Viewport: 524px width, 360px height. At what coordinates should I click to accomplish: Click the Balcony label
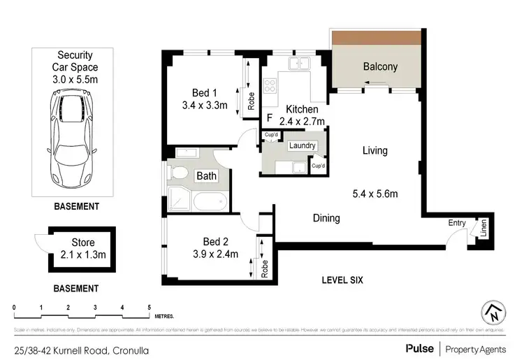pyautogui.click(x=380, y=67)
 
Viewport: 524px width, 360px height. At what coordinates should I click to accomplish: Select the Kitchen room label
pyautogui.click(x=303, y=110)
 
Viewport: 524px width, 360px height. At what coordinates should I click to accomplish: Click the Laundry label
pyautogui.click(x=302, y=146)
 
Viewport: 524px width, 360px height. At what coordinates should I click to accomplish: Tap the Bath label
pyautogui.click(x=205, y=176)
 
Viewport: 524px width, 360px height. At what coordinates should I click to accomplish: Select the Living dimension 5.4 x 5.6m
pyautogui.click(x=375, y=194)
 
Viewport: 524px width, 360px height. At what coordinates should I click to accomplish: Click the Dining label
pyautogui.click(x=326, y=218)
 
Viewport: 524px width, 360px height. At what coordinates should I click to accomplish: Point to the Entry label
pyautogui.click(x=457, y=223)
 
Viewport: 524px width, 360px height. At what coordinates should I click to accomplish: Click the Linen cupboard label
pyautogui.click(x=482, y=229)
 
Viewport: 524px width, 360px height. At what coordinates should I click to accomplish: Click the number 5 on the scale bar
pyautogui.click(x=149, y=307)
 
